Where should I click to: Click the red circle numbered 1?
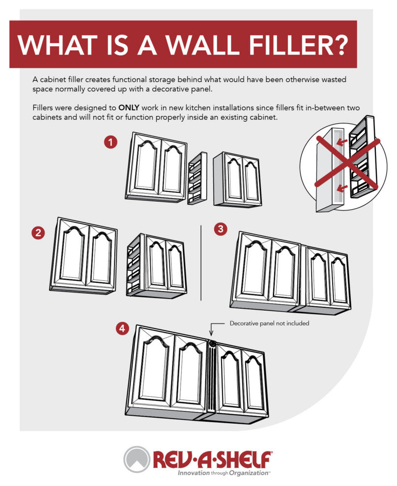[111, 142]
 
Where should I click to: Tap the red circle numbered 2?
[38, 233]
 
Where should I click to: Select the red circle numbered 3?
[221, 229]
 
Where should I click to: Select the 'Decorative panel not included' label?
[269, 324]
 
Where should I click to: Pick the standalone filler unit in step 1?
[197, 179]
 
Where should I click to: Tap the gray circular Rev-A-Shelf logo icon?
[137, 459]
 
